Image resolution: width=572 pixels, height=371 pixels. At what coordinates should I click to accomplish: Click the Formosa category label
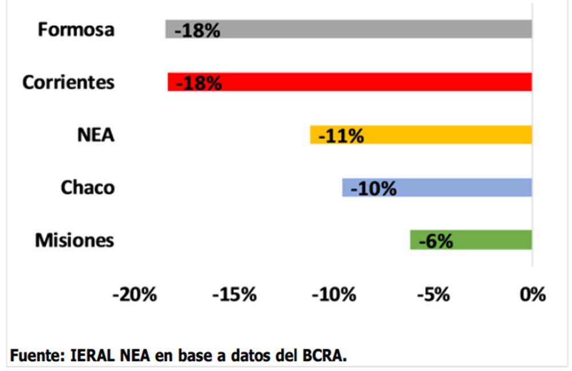[x=76, y=30]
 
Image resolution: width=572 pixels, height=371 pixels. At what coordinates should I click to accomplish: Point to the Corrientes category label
[x=68, y=82]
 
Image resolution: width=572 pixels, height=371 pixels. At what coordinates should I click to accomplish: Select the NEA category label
[x=96, y=135]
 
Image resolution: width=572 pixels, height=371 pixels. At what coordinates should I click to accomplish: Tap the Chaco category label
[x=88, y=188]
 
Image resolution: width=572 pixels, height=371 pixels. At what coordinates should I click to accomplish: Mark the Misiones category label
[x=74, y=241]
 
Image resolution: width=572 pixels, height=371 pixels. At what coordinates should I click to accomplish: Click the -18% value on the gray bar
[x=197, y=30]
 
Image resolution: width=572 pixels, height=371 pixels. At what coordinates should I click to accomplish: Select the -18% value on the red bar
[x=198, y=83]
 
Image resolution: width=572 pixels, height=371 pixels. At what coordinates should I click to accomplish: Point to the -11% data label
[x=341, y=136]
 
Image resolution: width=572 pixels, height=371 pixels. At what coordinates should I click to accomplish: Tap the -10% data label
[x=373, y=189]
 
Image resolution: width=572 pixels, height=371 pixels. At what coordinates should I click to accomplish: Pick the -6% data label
[x=436, y=241]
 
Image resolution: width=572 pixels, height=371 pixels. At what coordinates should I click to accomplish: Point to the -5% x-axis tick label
[x=433, y=295]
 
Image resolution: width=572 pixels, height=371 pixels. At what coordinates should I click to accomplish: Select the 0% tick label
[x=533, y=295]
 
